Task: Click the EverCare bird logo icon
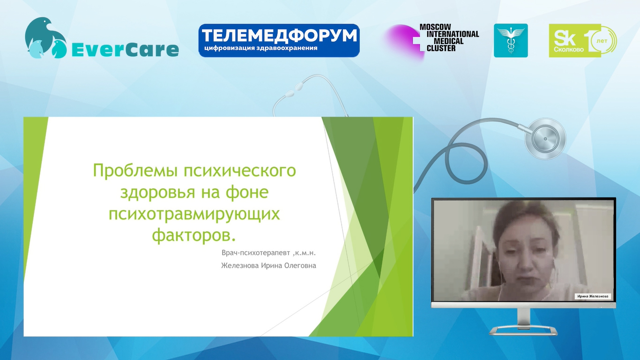click(x=46, y=38)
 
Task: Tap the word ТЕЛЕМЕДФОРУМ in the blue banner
click(x=279, y=36)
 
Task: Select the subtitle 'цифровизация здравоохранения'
click(x=260, y=48)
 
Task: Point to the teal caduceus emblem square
click(x=511, y=40)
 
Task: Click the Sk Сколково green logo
click(x=583, y=40)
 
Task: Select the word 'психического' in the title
click(x=240, y=171)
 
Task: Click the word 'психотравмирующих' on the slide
click(x=194, y=215)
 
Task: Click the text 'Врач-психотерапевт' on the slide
click(x=255, y=253)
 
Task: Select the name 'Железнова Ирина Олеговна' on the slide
click(x=268, y=266)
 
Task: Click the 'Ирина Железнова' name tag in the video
click(x=593, y=296)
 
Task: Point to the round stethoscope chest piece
click(x=545, y=139)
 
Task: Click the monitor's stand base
click(x=523, y=330)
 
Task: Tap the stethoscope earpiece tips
click(x=295, y=89)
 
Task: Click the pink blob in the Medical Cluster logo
click(x=402, y=41)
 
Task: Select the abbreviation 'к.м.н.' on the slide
click(x=306, y=253)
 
